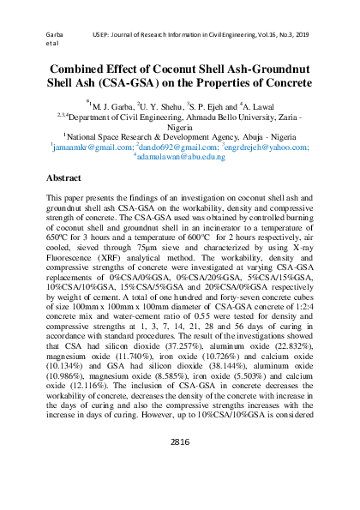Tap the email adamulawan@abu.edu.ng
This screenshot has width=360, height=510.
[180, 158]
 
